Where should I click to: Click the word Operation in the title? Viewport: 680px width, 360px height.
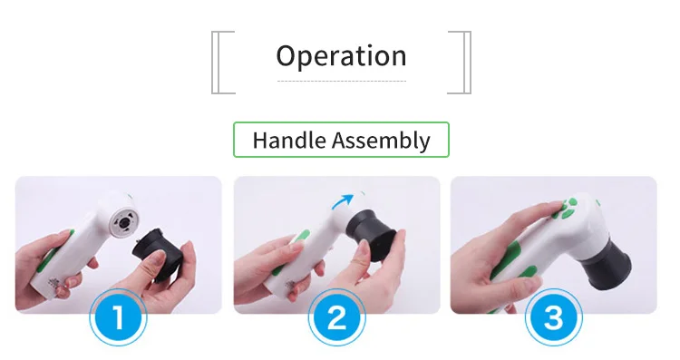click(x=341, y=56)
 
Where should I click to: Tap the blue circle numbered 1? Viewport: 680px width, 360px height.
click(x=118, y=317)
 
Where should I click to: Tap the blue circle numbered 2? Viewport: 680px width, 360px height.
click(x=337, y=317)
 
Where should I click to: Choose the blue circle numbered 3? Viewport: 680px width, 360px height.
click(x=554, y=317)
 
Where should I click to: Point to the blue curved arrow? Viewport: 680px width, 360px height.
click(x=342, y=201)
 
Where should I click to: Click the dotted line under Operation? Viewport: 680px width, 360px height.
click(x=342, y=81)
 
